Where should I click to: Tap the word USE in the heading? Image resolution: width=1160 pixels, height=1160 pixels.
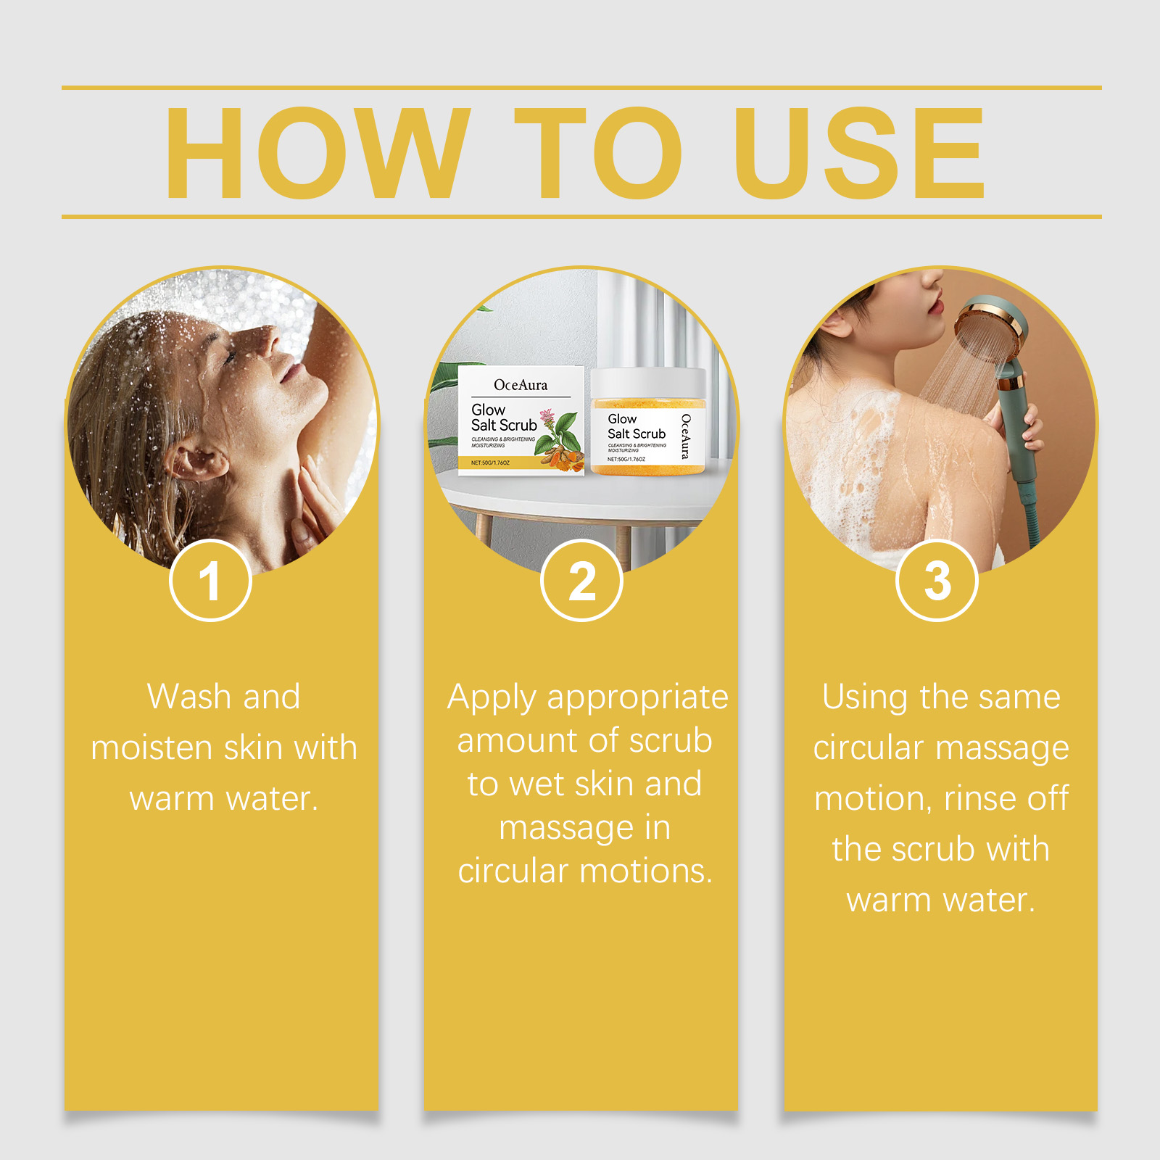coord(860,152)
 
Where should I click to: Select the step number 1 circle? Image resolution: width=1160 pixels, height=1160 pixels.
coord(210,581)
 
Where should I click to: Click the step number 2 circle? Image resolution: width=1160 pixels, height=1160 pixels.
coord(581,581)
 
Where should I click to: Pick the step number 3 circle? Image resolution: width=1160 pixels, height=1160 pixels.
coord(937,581)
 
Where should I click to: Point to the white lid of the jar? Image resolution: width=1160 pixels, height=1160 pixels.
coord(647,382)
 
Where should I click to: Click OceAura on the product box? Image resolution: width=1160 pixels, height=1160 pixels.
coord(521,385)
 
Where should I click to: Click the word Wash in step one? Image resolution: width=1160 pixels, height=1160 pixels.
coord(189,697)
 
